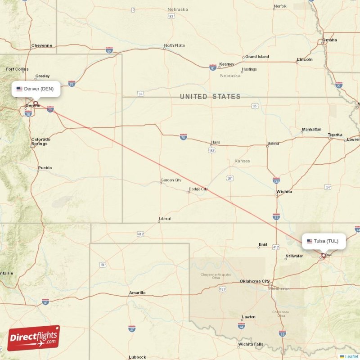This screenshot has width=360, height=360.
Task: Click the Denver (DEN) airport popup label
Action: click(x=36, y=89)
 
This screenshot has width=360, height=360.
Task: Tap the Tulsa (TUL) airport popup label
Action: click(x=323, y=241)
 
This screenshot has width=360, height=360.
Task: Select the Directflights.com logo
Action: click(x=34, y=338)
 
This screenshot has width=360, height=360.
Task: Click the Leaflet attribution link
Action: click(x=351, y=356)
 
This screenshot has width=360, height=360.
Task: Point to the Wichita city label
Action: click(x=284, y=192)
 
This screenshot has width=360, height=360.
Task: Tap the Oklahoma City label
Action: click(x=255, y=281)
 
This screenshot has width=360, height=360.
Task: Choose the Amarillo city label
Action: click(x=137, y=293)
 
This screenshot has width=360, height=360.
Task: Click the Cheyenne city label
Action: click(x=42, y=45)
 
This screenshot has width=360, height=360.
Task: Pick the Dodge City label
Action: click(x=198, y=189)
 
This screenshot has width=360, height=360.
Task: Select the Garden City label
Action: click(x=171, y=180)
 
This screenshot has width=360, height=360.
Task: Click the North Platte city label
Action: click(x=174, y=45)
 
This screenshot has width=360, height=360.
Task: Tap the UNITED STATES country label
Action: click(x=210, y=97)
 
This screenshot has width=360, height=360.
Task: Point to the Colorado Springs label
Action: click(x=40, y=142)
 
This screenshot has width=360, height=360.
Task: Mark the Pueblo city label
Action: click(x=45, y=168)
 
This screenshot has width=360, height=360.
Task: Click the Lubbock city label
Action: click(x=137, y=357)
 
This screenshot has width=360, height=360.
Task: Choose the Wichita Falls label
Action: click(x=251, y=345)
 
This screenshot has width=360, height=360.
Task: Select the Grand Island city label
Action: click(x=257, y=57)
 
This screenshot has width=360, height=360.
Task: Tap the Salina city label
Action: click(x=273, y=144)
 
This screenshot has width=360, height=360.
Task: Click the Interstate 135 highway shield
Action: click(x=276, y=180)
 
